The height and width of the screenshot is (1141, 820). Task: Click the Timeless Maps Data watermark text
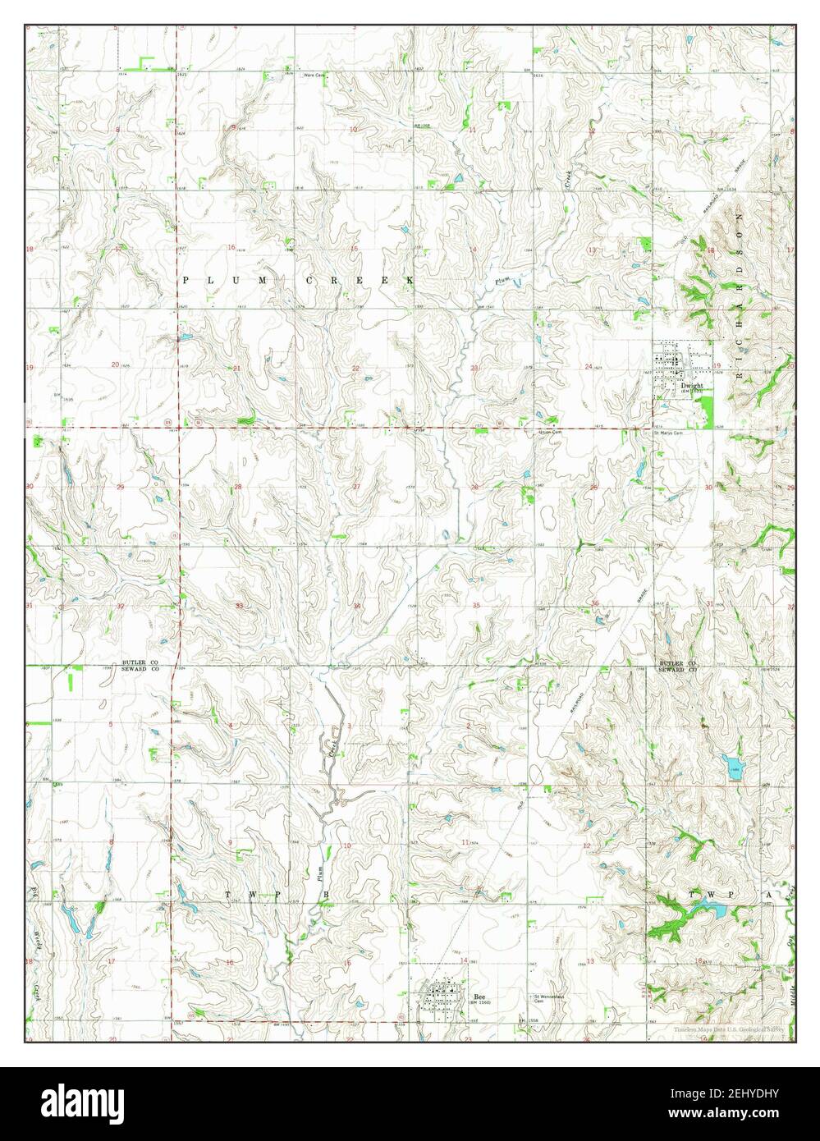tap(730, 1029)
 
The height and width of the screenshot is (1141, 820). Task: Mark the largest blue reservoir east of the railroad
tap(732, 768)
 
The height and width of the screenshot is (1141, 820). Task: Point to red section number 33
tap(239, 606)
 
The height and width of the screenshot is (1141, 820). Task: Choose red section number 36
tap(593, 604)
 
